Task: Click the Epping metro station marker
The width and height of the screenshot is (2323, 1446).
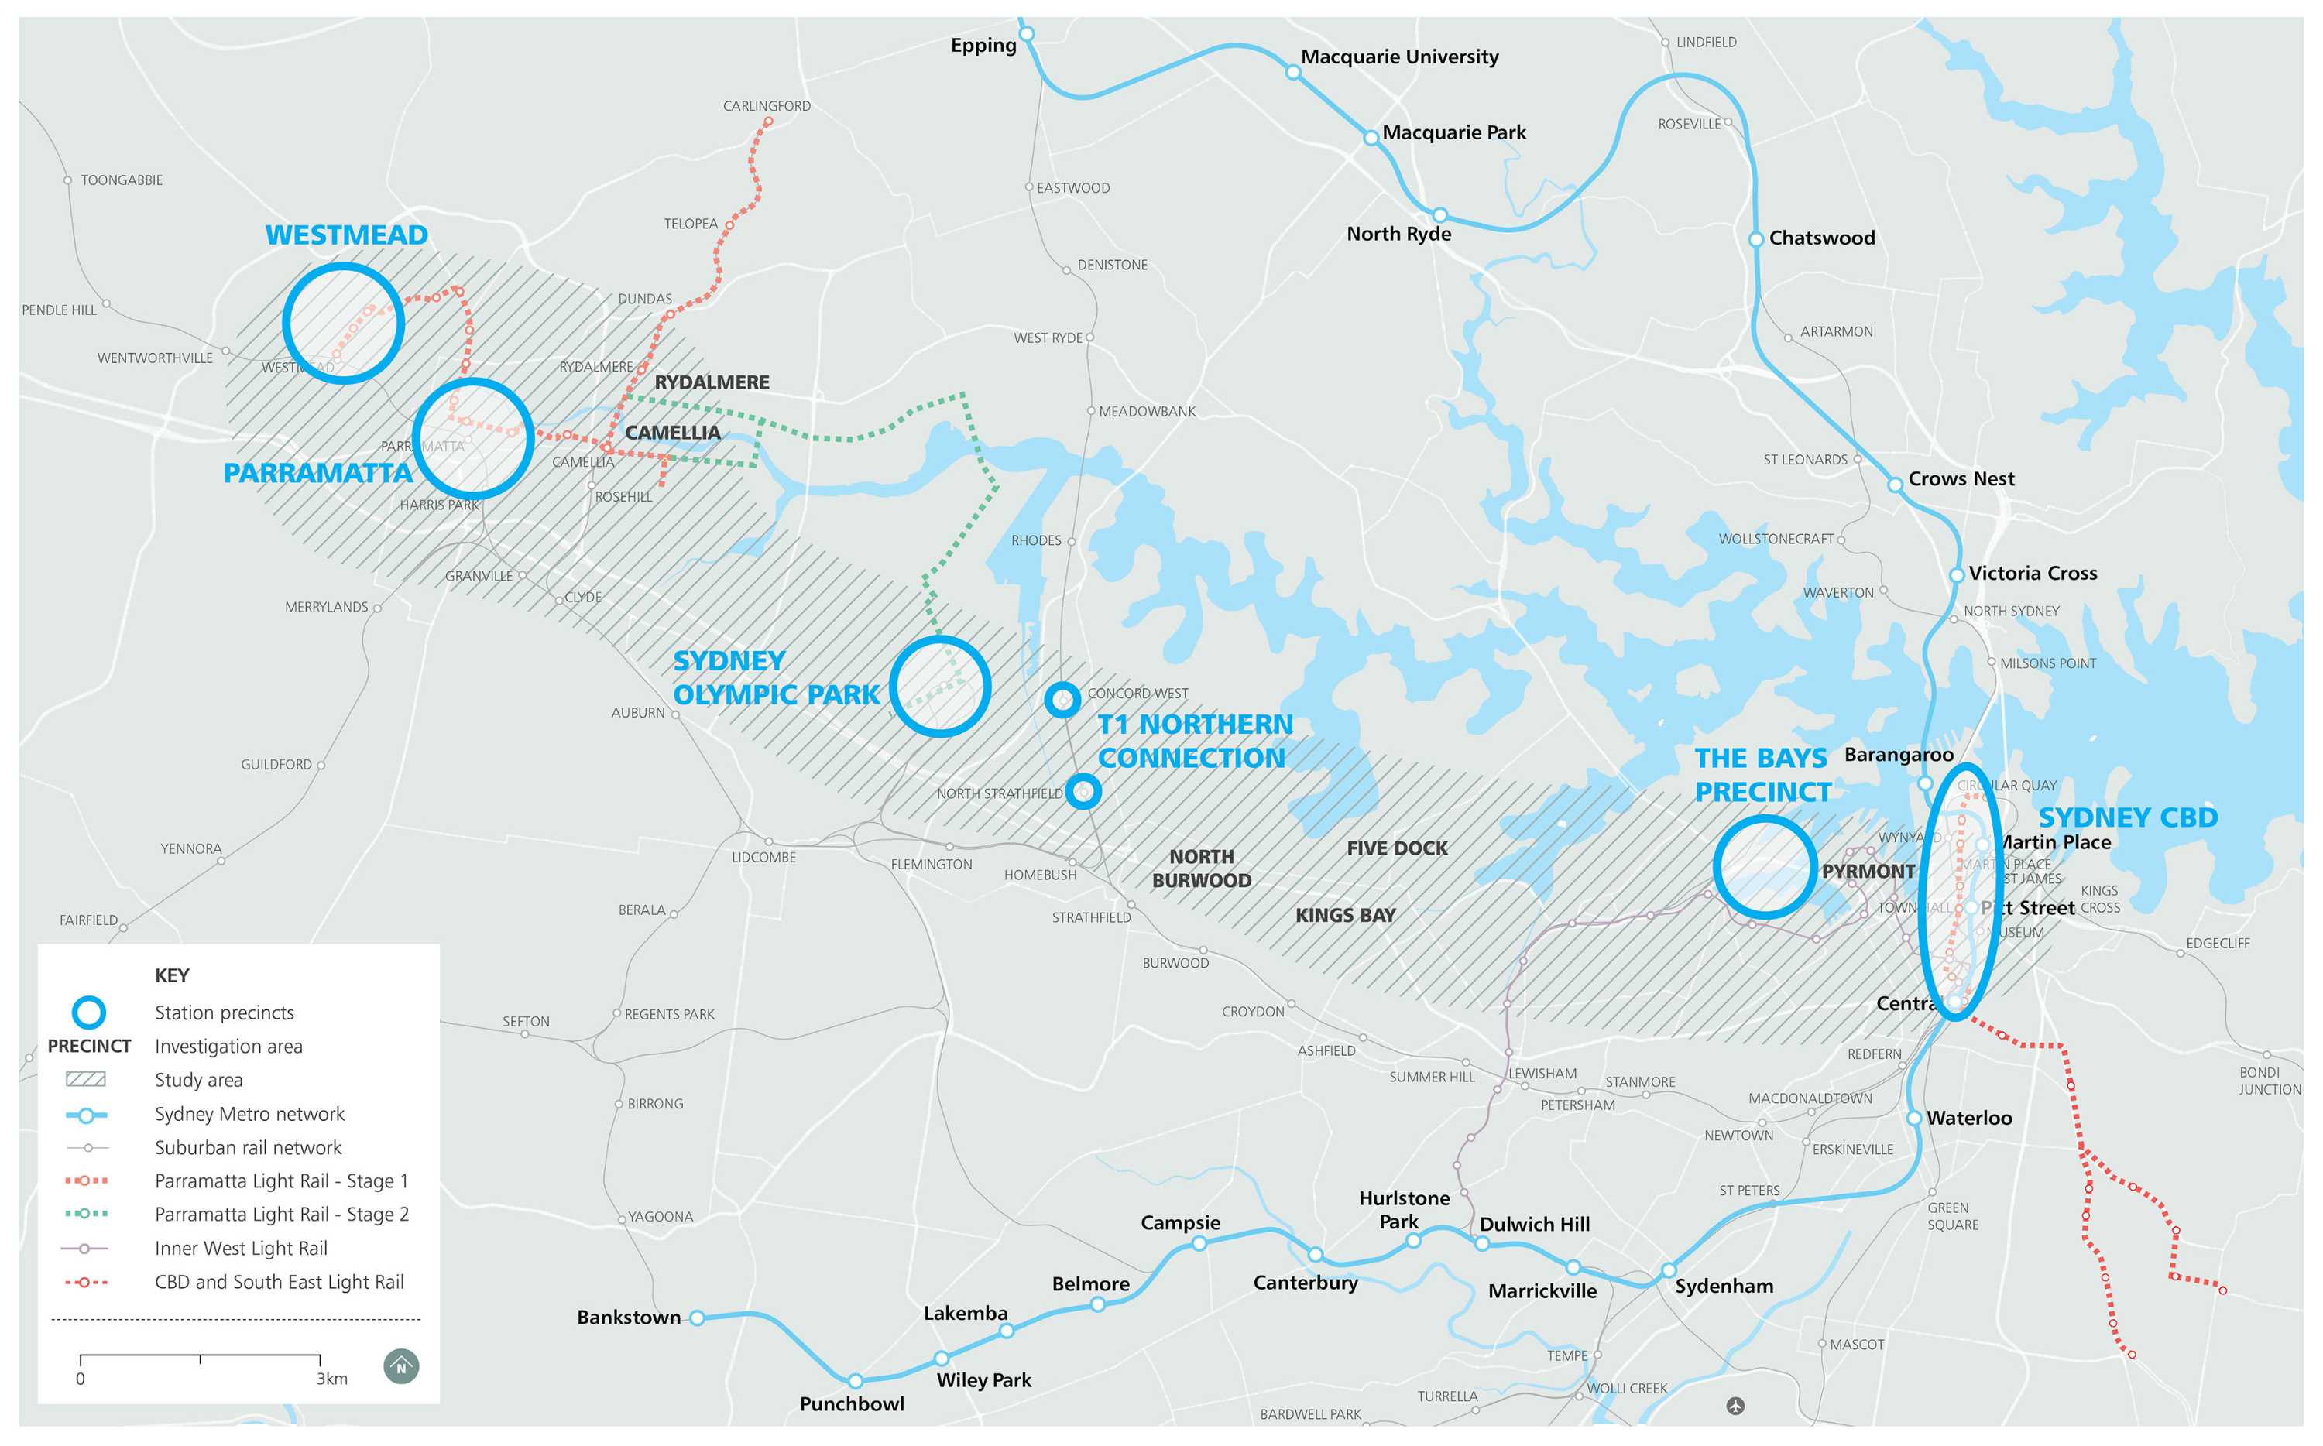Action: click(1026, 34)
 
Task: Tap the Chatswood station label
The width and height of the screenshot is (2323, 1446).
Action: click(1821, 238)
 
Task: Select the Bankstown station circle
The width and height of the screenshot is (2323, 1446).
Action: click(697, 1318)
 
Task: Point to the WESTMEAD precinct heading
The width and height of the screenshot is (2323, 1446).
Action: click(346, 235)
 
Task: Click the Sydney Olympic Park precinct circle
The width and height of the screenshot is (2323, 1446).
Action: click(940, 687)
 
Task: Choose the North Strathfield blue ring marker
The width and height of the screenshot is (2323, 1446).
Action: click(1083, 791)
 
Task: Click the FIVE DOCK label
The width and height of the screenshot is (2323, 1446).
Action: click(1396, 848)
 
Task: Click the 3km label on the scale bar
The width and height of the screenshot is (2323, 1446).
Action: click(332, 1379)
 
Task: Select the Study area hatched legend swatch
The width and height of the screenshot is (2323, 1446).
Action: click(85, 1080)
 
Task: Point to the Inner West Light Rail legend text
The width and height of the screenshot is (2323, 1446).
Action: click(241, 1248)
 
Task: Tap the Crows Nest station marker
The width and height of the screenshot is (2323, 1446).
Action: click(1895, 485)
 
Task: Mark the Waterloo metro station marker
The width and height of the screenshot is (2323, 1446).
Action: click(1913, 1118)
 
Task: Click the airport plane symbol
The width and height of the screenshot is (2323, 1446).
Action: click(1736, 1406)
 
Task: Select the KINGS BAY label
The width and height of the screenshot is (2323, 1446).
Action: click(1345, 915)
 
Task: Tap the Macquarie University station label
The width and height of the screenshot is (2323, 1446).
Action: click(1399, 57)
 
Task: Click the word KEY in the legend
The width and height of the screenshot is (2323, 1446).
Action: click(172, 975)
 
